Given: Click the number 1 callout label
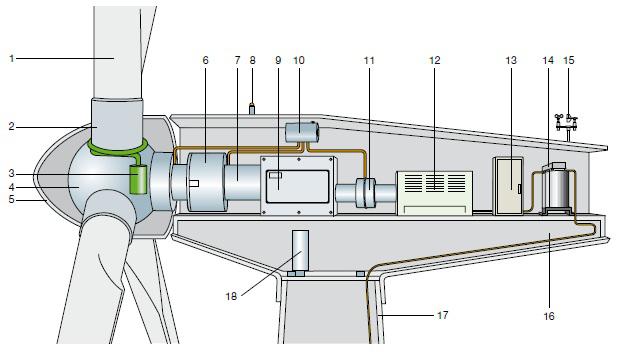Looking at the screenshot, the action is (x=12, y=59).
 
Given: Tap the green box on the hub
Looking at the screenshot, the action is (x=138, y=180).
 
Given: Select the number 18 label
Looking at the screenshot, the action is (x=231, y=296).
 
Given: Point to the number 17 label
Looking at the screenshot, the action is (x=443, y=315).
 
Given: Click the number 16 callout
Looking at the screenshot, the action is (x=549, y=316).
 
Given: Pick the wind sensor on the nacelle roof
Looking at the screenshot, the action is (x=566, y=122).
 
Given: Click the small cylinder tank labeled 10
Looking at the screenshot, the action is (x=302, y=132).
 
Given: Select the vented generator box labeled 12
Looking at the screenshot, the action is (x=435, y=193).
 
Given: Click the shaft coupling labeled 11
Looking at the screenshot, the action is (x=365, y=193).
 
